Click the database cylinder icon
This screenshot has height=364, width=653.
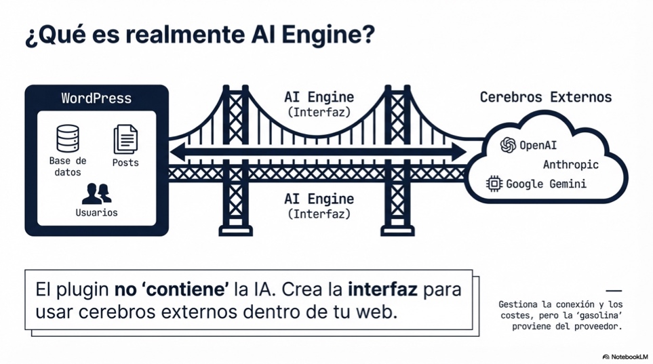(x=68, y=138)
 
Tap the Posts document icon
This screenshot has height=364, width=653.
(x=125, y=139)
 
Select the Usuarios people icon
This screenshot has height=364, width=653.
(x=96, y=193)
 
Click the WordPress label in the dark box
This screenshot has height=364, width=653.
(x=96, y=98)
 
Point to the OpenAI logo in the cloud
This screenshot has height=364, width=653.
(x=508, y=144)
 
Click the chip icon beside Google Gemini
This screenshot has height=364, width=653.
(x=494, y=184)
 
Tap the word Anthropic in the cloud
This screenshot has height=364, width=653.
(x=570, y=164)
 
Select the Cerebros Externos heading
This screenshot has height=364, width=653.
(x=545, y=97)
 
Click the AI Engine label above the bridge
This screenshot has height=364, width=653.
(x=319, y=97)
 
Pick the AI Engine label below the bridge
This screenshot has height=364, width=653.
(x=319, y=199)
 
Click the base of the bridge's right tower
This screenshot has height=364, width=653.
(x=397, y=230)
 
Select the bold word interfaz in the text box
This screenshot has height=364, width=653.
(x=382, y=290)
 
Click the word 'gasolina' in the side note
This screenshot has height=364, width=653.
(x=599, y=315)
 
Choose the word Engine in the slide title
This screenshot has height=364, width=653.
(x=328, y=35)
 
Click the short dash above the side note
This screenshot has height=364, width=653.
(x=613, y=291)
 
